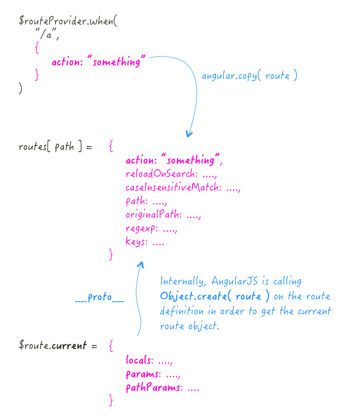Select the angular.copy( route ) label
pyautogui.click(x=249, y=76)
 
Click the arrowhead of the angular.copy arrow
pyautogui.click(x=189, y=134)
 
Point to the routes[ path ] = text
pyautogui.click(x=55, y=147)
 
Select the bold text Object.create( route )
pyautogui.click(x=214, y=297)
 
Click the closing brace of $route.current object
pyautogui.click(x=111, y=400)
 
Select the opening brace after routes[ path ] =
pyautogui.click(x=112, y=147)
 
